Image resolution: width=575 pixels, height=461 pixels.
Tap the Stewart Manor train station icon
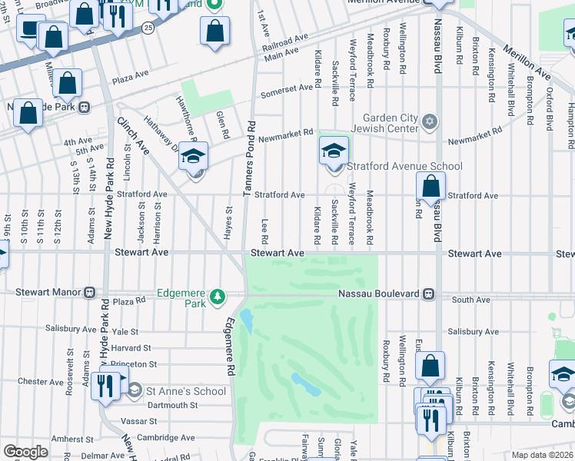[90, 292]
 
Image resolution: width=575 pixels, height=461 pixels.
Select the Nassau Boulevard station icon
[431, 294]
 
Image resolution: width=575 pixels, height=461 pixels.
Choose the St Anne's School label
[187, 391]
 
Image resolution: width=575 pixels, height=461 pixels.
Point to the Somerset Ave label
[287, 89]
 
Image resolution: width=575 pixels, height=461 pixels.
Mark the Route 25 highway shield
[148, 26]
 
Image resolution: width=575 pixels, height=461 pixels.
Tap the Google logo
[25, 451]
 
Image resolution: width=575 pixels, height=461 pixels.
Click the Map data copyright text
[543, 455]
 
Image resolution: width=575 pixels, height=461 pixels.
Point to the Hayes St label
[228, 222]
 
